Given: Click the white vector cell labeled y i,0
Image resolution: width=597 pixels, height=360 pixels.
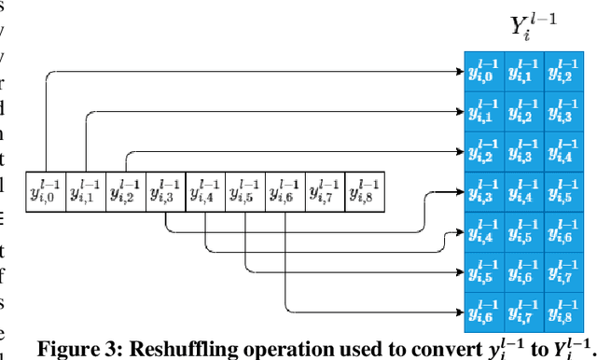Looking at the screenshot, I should point(47,192).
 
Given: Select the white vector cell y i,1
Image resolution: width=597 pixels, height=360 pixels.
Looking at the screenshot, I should point(87,192).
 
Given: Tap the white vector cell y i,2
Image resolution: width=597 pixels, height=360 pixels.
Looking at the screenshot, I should point(126,192).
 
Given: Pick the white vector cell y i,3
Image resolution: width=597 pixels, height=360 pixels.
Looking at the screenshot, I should point(166,192).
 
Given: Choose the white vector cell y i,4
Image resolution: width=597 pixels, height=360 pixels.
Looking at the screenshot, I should point(206,192).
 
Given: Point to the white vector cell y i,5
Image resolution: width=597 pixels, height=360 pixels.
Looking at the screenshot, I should point(245,192).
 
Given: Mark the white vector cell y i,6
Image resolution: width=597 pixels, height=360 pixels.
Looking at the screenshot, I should point(285,192).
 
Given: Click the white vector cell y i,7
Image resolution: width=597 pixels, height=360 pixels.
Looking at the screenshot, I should point(325,192).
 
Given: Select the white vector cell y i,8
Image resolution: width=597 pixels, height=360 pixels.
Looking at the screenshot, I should point(365,192).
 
